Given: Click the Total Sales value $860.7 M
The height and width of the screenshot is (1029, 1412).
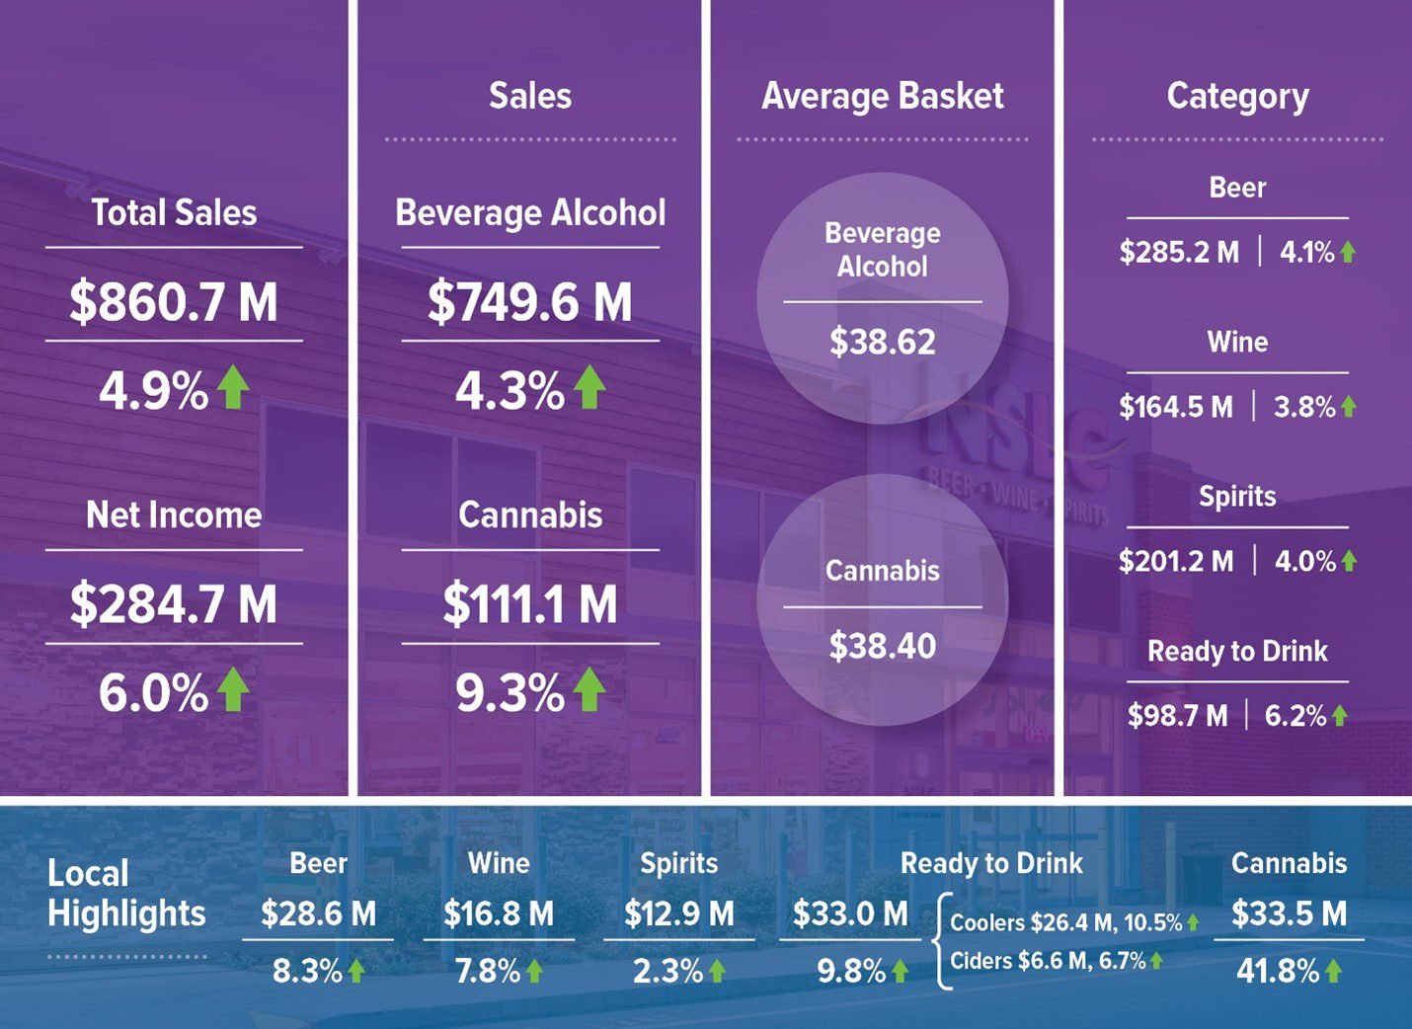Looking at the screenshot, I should click(174, 302).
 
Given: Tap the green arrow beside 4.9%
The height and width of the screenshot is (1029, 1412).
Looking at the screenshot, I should click(233, 387).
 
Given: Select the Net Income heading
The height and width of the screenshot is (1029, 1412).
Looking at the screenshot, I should click(174, 514).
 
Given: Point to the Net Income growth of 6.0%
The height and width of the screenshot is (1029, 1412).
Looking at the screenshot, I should click(154, 693).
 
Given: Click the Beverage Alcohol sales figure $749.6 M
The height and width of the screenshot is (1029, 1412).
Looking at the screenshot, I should click(530, 302).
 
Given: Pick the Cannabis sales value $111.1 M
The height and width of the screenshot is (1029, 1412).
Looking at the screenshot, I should click(530, 604).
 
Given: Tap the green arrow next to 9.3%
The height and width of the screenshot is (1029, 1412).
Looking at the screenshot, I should click(589, 689).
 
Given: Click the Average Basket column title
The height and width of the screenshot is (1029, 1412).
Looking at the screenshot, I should click(883, 96).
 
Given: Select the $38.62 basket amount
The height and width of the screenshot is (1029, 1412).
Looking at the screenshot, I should click(883, 342).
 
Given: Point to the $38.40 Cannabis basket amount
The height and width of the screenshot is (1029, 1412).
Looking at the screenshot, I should click(883, 646).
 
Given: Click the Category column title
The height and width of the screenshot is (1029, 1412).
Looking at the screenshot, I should click(1237, 96).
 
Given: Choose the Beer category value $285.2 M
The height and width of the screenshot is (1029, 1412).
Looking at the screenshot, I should click(1179, 253).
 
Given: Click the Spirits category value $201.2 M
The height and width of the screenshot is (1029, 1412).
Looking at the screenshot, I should click(1176, 562).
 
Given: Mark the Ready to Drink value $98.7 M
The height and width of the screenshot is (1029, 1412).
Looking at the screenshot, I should click(1178, 716).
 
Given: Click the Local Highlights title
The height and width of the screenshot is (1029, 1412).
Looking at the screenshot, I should click(126, 893).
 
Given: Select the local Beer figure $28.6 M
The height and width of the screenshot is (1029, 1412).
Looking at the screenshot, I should click(318, 913).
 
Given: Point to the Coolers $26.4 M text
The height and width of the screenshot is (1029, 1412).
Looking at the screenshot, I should click(1032, 923).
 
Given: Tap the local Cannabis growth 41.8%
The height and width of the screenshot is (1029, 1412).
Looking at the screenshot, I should click(1278, 971).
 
